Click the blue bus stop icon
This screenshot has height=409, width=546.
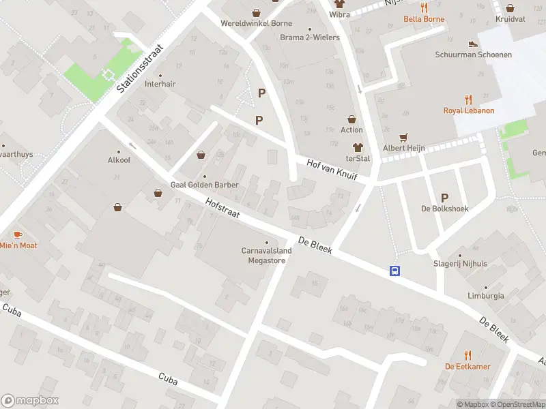tap(394, 271)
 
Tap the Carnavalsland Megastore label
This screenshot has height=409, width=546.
tap(266, 255)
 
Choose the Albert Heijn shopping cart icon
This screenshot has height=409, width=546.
tap(403, 136)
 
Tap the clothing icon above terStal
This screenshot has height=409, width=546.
tap(357, 147)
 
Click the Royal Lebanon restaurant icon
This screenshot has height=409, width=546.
tap(468, 99)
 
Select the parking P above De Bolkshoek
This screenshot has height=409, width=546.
tap(445, 197)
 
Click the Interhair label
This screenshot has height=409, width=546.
tap(160, 85)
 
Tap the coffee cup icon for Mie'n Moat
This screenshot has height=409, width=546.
tap(18, 234)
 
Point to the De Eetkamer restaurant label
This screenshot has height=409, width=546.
tap(467, 366)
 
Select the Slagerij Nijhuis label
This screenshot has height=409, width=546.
tap(460, 263)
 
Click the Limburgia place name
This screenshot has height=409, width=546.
tap(485, 297)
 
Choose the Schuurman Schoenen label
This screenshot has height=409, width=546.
tap(473, 55)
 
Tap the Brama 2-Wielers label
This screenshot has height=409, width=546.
tap(309, 37)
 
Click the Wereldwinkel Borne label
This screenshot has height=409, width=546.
tap(256, 23)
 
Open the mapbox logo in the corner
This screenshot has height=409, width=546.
tap(30, 401)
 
